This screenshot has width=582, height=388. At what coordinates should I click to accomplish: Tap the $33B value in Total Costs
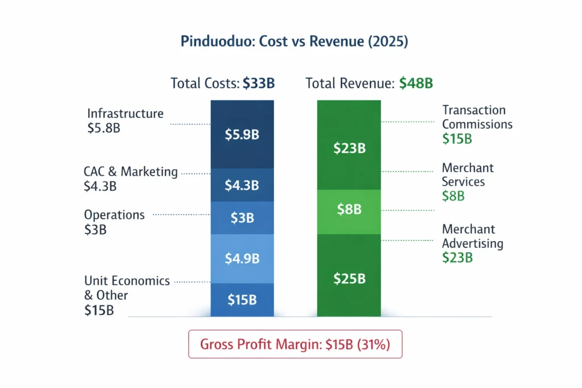coord(259,84)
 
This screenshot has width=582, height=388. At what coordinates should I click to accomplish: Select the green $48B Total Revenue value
coord(415,84)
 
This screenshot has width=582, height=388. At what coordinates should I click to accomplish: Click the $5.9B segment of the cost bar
coord(242,135)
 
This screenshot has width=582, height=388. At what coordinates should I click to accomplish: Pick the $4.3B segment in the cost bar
coord(242,185)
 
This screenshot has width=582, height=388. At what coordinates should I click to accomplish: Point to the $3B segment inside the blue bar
coord(242,218)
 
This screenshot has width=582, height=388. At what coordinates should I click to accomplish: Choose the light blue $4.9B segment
coord(242,258)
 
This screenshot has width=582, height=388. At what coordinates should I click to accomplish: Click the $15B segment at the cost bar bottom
coord(242,299)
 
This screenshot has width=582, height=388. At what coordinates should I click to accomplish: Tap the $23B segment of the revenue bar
coord(349,149)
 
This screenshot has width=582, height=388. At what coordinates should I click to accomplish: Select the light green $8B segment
coord(349,210)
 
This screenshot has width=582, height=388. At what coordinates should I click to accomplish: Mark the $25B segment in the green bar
coord(349,279)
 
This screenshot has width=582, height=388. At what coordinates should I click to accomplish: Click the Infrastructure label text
coord(125,114)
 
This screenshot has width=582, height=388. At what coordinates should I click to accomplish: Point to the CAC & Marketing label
coord(131,172)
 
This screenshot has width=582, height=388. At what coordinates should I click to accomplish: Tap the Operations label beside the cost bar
coord(114,215)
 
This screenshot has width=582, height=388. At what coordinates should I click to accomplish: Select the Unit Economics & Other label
coord(126,287)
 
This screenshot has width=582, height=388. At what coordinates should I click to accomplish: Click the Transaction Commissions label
coord(477,117)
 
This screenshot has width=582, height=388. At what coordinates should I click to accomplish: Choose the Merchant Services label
coord(467,175)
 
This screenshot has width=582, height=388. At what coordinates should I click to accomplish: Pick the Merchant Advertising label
coord(472,236)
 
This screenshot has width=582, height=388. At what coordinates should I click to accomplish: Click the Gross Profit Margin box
coord(295,344)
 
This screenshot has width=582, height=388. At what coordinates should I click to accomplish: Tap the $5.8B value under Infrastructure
coord(103,128)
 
